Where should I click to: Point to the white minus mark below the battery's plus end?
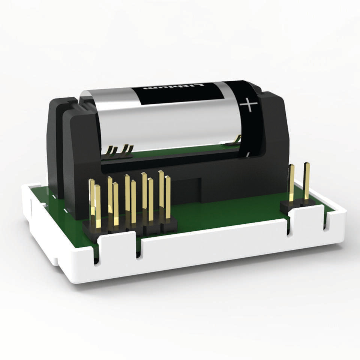(x=247, y=154)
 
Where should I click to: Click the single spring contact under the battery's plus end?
(x=236, y=140)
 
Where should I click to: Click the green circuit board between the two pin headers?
(x=225, y=214)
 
